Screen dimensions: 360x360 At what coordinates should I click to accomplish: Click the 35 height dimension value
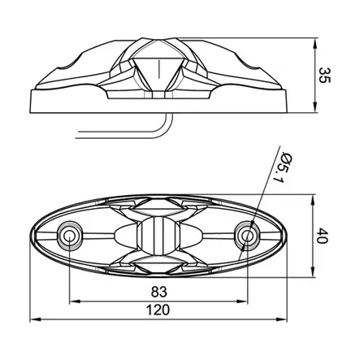coord(324,76)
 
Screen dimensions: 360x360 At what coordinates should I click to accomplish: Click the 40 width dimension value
coord(323,236)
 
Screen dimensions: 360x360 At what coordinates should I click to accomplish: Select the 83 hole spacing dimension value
coord(159,292)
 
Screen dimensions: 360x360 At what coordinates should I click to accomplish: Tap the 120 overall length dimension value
coord(158,310)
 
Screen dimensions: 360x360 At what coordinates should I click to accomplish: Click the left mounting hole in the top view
coord(69,236)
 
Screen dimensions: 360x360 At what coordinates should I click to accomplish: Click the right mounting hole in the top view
coord(247,236)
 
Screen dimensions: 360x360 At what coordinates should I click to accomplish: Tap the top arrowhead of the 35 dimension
coord(314,43)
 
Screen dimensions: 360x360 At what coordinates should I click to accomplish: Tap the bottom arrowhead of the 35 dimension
coord(314,107)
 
